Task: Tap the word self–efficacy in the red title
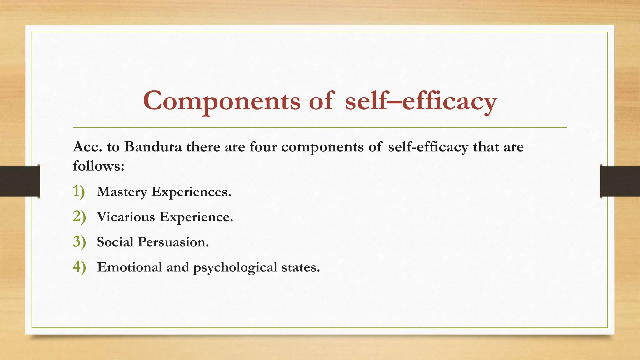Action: [x=421, y=101]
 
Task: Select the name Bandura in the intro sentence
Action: [x=153, y=147]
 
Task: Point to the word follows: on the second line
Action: [x=98, y=166]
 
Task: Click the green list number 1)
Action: [x=79, y=192]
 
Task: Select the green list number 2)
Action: [x=79, y=217]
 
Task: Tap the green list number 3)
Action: [x=79, y=242]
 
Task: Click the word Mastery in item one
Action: [x=122, y=192]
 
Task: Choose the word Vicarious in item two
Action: [x=126, y=217]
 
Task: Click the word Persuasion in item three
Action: [x=173, y=242]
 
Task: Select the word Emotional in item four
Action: [x=129, y=267]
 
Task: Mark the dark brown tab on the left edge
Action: [x=20, y=181]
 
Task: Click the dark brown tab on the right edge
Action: [x=620, y=181]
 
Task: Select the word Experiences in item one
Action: [x=191, y=192]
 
